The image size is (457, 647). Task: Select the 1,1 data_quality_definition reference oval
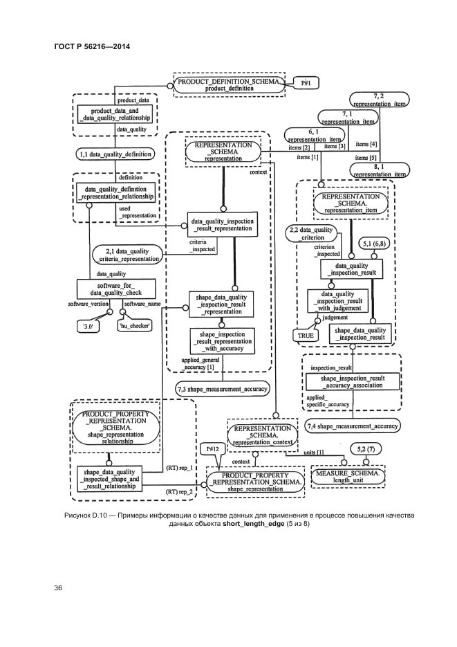tap(113, 154)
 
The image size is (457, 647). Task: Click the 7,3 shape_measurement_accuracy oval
tap(221, 389)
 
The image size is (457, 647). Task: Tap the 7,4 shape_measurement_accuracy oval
tap(352, 426)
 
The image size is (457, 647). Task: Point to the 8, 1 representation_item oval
tap(379, 170)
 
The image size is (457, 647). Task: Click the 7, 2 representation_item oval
tap(378, 99)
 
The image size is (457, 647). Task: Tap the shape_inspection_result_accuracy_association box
tap(352, 382)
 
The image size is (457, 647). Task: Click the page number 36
tap(59, 588)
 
